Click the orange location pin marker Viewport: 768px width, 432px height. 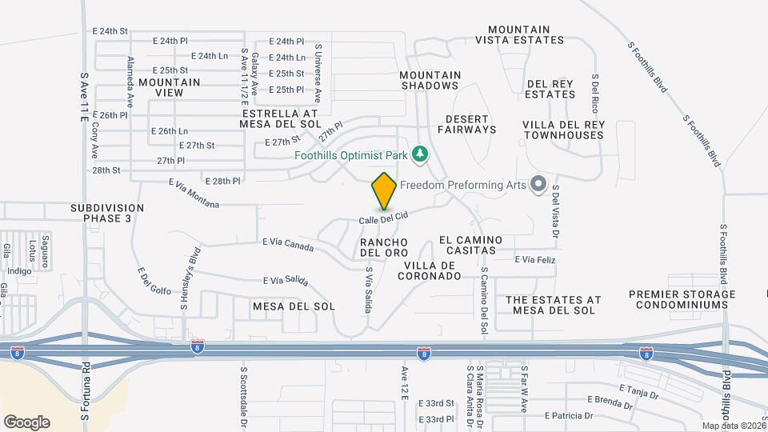click(x=384, y=191)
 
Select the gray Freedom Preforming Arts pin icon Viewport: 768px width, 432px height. click(x=538, y=185)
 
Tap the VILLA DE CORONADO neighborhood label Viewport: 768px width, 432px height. click(x=432, y=270)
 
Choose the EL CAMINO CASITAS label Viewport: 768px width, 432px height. click(x=470, y=245)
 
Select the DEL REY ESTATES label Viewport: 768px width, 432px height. click(x=550, y=89)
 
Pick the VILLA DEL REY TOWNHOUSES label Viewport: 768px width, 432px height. click(x=563, y=130)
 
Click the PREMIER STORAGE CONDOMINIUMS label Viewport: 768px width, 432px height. click(x=682, y=300)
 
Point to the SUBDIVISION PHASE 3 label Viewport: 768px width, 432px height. click(x=107, y=213)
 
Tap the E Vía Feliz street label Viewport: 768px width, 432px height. click(x=534, y=260)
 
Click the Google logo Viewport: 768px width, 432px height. click(x=26, y=422)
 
